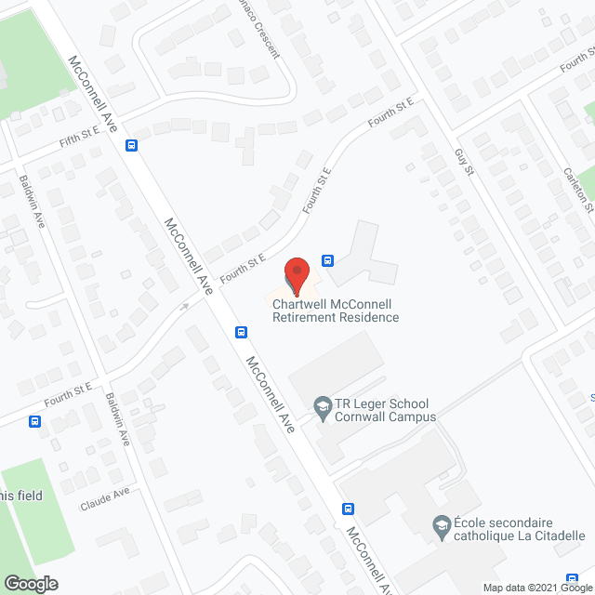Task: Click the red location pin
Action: pyautogui.click(x=296, y=271)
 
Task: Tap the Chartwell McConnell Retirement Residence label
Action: pyautogui.click(x=336, y=311)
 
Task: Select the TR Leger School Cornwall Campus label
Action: pyautogui.click(x=382, y=410)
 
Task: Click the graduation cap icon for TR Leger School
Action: pyautogui.click(x=322, y=405)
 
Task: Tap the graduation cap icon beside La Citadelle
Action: pyautogui.click(x=440, y=527)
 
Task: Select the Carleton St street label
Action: pyautogui.click(x=577, y=191)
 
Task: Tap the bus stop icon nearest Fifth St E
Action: pyautogui.click(x=132, y=145)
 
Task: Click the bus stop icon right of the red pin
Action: pyautogui.click(x=327, y=260)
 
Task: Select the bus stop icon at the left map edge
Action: pyautogui.click(x=34, y=421)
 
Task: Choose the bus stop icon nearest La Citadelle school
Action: pyautogui.click(x=349, y=509)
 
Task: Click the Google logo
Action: pyautogui.click(x=30, y=584)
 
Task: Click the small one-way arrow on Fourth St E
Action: pyautogui.click(x=185, y=306)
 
